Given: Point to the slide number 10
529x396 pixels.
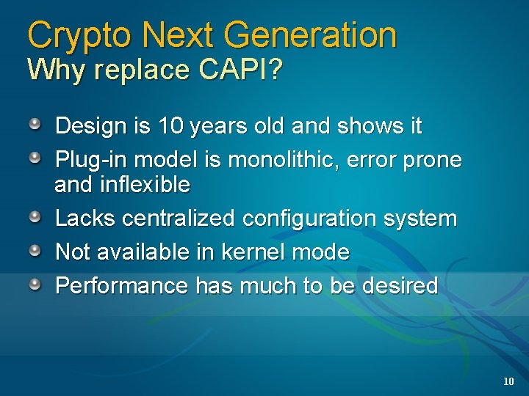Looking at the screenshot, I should coord(508,381).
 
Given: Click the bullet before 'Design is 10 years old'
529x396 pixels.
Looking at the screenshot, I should coord(35,124).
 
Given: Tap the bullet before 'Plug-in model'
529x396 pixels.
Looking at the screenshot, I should coord(35,158).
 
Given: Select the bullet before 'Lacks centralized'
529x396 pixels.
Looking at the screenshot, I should coord(35,216).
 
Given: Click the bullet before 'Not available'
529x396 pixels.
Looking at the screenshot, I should coord(35,250).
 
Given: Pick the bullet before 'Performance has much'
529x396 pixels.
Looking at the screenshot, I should coord(35,284).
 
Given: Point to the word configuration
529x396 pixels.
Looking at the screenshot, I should coord(306,219).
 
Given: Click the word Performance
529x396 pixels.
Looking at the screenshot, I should coord(122,286).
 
